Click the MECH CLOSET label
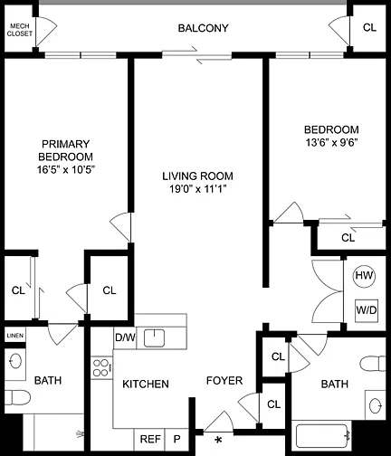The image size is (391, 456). (20, 30)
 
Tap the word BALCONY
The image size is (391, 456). (203, 28)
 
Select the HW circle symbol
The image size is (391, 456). (364, 276)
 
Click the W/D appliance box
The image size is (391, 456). (367, 310)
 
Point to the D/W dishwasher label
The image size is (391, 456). (125, 337)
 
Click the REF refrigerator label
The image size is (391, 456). (150, 439)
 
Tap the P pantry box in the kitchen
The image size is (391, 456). (176, 439)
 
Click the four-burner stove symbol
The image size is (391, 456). (101, 367)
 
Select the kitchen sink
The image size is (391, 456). (154, 338)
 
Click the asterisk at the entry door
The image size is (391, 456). (218, 441)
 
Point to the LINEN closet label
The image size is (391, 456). (15, 336)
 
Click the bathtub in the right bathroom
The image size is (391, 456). (322, 435)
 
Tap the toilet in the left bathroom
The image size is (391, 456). (17, 397)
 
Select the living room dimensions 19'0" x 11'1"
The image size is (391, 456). (197, 189)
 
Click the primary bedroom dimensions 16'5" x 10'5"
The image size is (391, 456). (66, 170)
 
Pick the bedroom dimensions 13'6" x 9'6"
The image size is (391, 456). (331, 142)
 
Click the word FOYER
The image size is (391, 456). (224, 381)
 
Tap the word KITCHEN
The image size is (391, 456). (146, 384)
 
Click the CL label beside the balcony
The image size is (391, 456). (369, 28)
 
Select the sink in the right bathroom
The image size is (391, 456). (376, 404)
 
